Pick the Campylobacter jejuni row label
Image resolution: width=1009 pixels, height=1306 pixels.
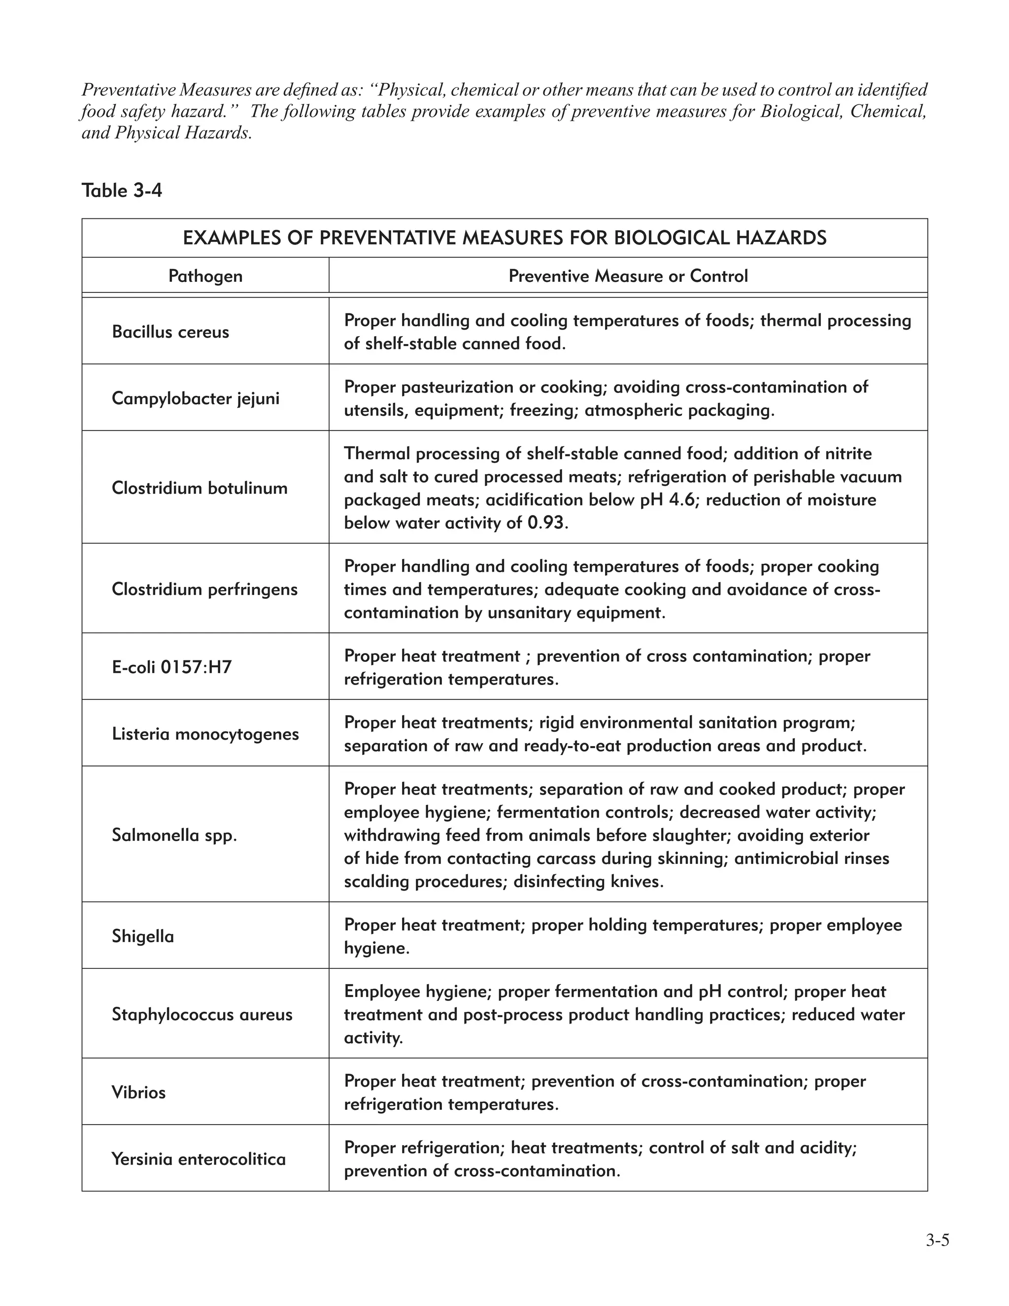(196, 398)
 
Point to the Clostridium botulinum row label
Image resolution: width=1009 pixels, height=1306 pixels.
(200, 488)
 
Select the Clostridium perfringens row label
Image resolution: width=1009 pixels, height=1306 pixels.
(204, 589)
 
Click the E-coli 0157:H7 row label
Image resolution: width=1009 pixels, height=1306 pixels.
(171, 667)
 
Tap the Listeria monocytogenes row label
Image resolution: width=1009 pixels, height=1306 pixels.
(205, 734)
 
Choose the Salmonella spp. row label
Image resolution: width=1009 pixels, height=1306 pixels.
(174, 835)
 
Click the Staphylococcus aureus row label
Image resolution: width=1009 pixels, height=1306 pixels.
(202, 1014)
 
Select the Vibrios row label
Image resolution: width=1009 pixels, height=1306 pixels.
(138, 1093)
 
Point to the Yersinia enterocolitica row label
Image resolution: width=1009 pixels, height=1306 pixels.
(199, 1159)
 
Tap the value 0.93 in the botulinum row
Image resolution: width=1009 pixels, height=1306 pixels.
(546, 523)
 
